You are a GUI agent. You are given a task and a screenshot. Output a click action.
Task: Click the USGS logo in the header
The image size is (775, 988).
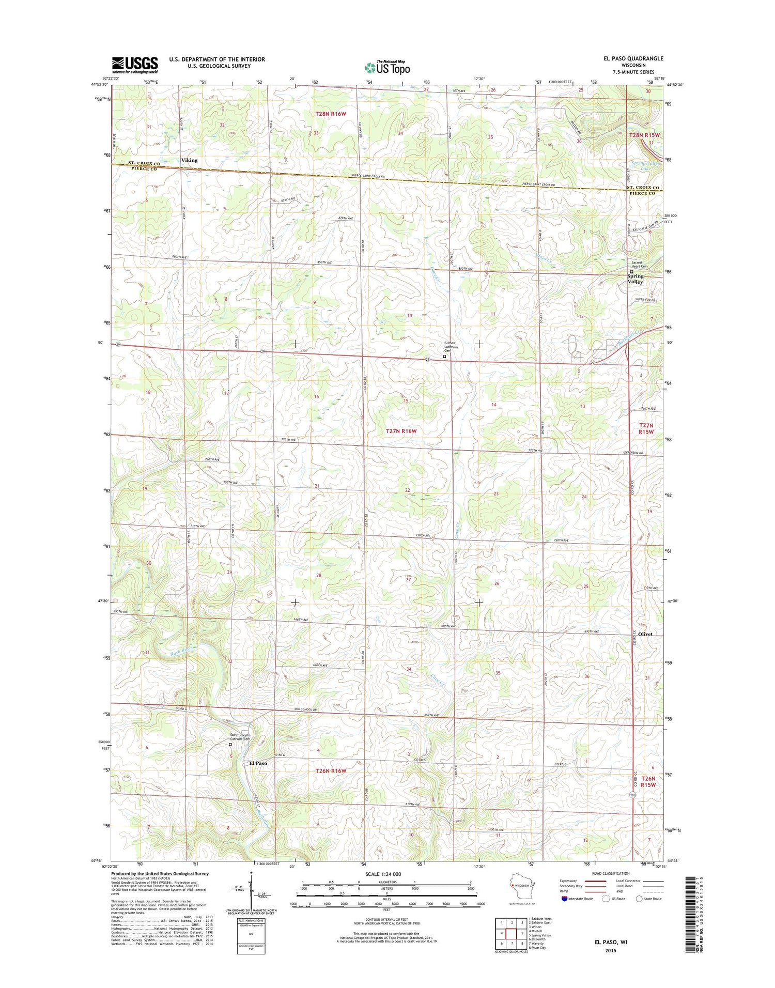pyautogui.click(x=135, y=65)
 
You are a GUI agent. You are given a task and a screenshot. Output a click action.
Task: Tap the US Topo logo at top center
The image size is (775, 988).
pyautogui.click(x=387, y=67)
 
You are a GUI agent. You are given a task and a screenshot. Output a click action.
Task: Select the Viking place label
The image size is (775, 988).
pyautogui.click(x=189, y=160)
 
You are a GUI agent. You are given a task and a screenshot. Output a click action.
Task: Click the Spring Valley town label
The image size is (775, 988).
pyautogui.click(x=635, y=279)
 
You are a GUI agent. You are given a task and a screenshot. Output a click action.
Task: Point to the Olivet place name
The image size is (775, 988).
pyautogui.click(x=645, y=634)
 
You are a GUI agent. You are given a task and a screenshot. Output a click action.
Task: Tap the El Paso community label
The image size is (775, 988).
pyautogui.click(x=258, y=763)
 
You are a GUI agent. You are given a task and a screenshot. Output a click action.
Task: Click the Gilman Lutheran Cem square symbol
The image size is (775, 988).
pyautogui.click(x=444, y=356)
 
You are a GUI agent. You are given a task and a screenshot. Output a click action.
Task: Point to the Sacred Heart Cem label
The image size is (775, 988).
pyautogui.click(x=640, y=264)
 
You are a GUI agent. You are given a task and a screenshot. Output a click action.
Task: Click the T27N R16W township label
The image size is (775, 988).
pyautogui.click(x=401, y=431)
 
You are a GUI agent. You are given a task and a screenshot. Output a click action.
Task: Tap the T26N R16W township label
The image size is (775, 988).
pyautogui.click(x=331, y=770)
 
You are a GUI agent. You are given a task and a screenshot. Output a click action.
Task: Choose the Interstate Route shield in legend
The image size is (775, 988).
pyautogui.click(x=564, y=898)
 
